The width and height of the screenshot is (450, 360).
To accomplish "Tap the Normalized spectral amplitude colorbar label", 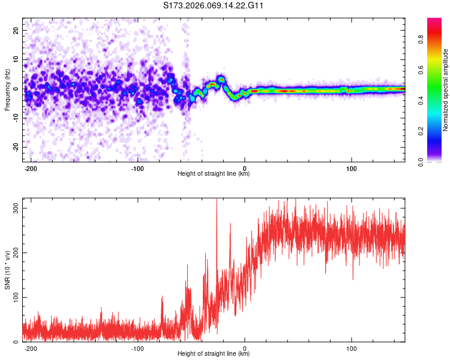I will point(446,89).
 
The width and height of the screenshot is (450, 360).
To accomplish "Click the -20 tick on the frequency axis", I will point(15,147).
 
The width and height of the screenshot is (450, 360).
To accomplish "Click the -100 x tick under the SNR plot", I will point(138,349).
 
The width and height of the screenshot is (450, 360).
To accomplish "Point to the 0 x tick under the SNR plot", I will point(245,349).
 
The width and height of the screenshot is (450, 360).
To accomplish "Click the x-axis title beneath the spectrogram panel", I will point(214,174).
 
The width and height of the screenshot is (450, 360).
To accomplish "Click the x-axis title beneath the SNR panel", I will point(214,354).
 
